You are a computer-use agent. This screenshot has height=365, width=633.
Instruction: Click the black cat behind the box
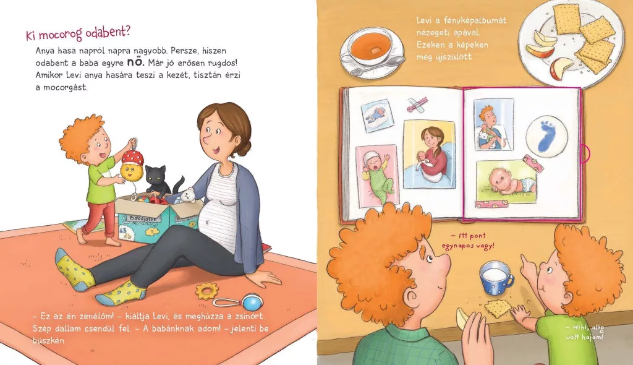click(x=159, y=181)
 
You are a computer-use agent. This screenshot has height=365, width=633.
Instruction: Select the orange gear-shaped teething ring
click(x=206, y=291)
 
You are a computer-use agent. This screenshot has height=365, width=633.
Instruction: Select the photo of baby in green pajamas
click(x=377, y=175)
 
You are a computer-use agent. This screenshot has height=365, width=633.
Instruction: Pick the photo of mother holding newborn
click(x=429, y=154)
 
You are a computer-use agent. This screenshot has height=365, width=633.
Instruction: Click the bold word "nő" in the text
click(x=135, y=62)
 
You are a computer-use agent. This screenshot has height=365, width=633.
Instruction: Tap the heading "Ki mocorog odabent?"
click(x=79, y=33)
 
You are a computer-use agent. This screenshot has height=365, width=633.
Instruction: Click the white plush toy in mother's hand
click(x=187, y=196)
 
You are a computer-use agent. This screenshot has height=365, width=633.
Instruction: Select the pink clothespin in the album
click(x=417, y=105)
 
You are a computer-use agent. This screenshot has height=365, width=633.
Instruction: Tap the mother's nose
click(x=208, y=138)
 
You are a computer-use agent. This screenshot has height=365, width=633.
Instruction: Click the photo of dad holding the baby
click(x=493, y=124)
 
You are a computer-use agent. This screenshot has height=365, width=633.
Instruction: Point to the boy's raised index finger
click(x=525, y=260)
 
